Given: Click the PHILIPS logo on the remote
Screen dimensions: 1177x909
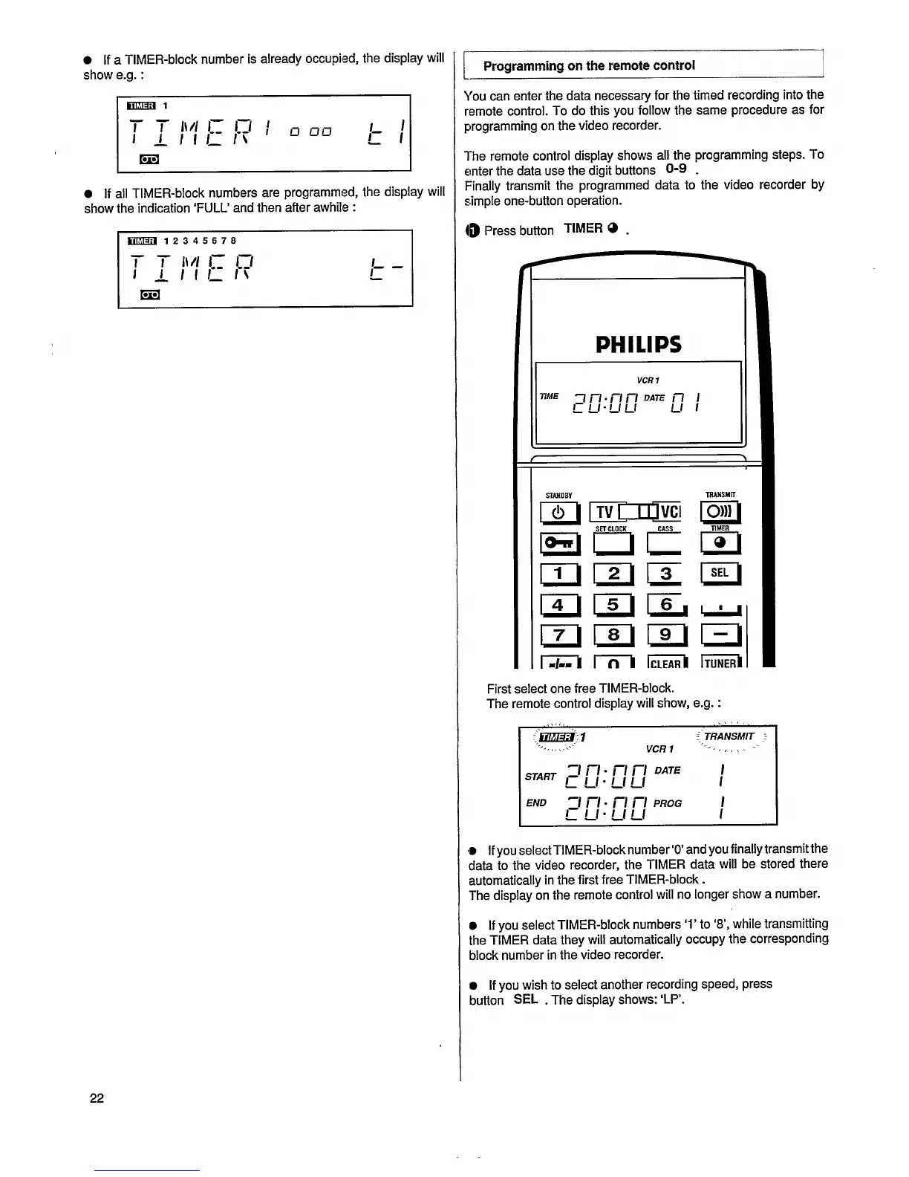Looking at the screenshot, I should coord(638,344).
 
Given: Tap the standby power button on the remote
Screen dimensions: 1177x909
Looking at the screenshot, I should coord(561,512).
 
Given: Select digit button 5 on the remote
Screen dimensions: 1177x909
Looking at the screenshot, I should coord(613,604).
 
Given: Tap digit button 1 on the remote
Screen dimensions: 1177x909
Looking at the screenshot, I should coord(561,573).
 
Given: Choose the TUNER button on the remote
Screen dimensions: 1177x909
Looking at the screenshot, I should coord(720,663).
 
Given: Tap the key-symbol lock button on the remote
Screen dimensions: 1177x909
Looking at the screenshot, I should coord(561,544).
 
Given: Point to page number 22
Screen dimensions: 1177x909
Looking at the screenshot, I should coord(97,1098).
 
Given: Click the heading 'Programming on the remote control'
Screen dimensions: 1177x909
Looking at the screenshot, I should coord(589,65).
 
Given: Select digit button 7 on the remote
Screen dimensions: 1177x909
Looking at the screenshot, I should coord(561,635).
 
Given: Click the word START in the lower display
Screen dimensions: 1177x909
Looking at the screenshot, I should coord(541,776).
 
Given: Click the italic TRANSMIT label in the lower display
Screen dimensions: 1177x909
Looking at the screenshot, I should coord(729,736).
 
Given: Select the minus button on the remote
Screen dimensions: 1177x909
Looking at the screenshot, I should coord(720,634).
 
